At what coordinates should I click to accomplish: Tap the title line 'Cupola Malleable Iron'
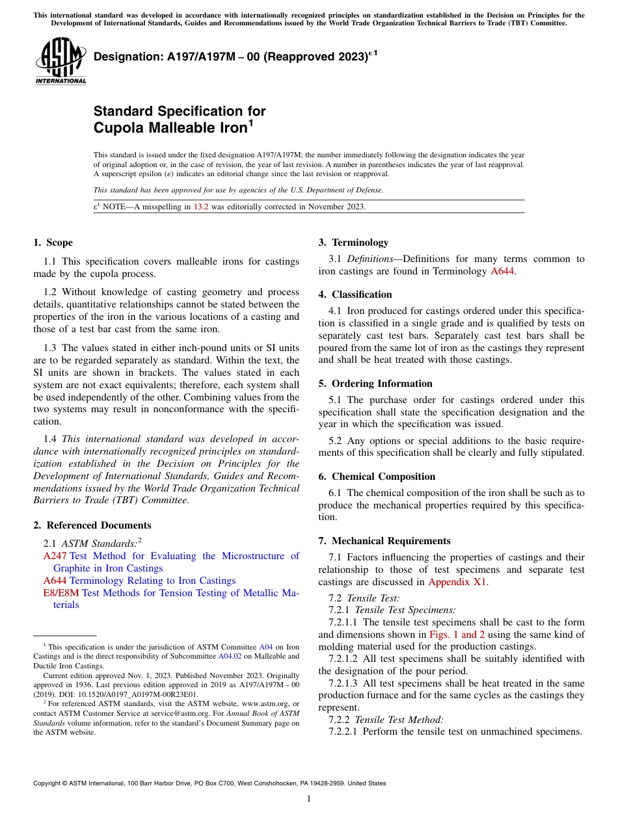pyautogui.click(x=171, y=127)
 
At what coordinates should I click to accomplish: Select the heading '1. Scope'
pyautogui.click(x=53, y=243)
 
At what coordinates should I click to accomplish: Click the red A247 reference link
pyautogui.click(x=55, y=556)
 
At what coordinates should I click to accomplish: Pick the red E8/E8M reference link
pyautogui.click(x=61, y=593)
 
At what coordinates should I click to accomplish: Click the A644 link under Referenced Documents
pyautogui.click(x=55, y=581)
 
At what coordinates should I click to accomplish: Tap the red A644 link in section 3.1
pyautogui.click(x=502, y=271)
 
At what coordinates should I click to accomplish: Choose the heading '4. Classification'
pyautogui.click(x=355, y=295)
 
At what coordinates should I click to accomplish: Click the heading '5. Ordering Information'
pyautogui.click(x=375, y=384)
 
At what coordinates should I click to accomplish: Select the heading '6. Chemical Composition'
pyautogui.click(x=377, y=477)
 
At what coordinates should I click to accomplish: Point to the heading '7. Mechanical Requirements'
pyautogui.click(x=384, y=541)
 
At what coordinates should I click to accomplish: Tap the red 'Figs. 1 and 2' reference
pyautogui.click(x=457, y=635)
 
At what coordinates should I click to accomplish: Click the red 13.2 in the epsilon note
pyautogui.click(x=201, y=207)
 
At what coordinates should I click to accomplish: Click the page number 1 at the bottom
pyautogui.click(x=308, y=799)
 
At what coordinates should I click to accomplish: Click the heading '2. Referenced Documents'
pyautogui.click(x=92, y=525)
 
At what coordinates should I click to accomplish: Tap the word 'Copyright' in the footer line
pyautogui.click(x=49, y=783)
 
